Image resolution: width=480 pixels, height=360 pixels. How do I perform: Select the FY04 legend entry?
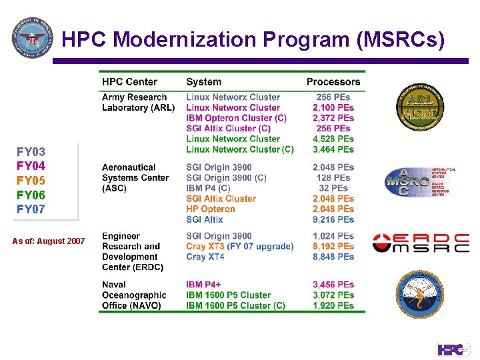point(31,166)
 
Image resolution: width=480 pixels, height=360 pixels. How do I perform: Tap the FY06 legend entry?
point(31,195)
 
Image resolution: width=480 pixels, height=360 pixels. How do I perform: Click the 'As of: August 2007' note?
point(49,241)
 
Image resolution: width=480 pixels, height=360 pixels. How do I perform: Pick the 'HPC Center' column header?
point(129,82)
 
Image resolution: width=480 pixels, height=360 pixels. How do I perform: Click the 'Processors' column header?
point(333,82)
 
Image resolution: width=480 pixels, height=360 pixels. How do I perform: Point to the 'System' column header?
point(203,82)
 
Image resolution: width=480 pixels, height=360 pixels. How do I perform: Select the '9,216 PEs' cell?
point(333,219)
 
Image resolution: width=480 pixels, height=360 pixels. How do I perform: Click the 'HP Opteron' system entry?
point(211,209)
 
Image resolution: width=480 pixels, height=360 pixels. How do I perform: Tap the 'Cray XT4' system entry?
point(205,257)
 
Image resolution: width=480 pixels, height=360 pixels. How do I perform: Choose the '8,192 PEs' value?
point(333,246)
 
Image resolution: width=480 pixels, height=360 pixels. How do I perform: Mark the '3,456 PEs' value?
point(333,285)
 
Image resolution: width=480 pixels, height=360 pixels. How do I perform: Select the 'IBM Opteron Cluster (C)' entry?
point(236,118)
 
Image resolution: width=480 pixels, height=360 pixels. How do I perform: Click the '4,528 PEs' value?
point(333,139)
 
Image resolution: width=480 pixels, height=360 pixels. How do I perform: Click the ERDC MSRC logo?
point(420,243)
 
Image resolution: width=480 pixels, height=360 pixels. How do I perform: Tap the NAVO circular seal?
point(416,294)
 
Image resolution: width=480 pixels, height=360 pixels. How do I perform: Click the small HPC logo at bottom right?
point(453,349)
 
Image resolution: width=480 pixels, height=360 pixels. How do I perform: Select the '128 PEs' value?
point(333,178)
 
